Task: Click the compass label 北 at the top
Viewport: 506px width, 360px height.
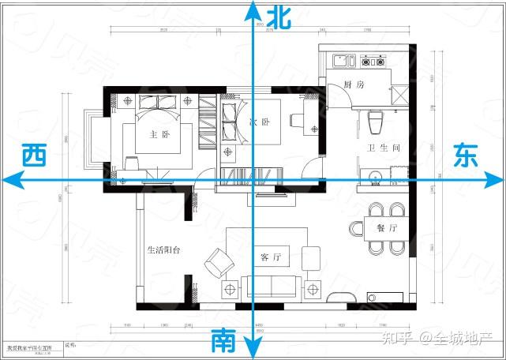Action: [279, 17]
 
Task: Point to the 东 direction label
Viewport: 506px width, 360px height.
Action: [465, 155]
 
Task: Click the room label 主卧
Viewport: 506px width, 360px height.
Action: [159, 134]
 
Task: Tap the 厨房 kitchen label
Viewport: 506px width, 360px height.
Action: [354, 84]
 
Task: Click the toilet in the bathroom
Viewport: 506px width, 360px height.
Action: [376, 122]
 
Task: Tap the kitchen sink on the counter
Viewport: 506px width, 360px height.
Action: [343, 60]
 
